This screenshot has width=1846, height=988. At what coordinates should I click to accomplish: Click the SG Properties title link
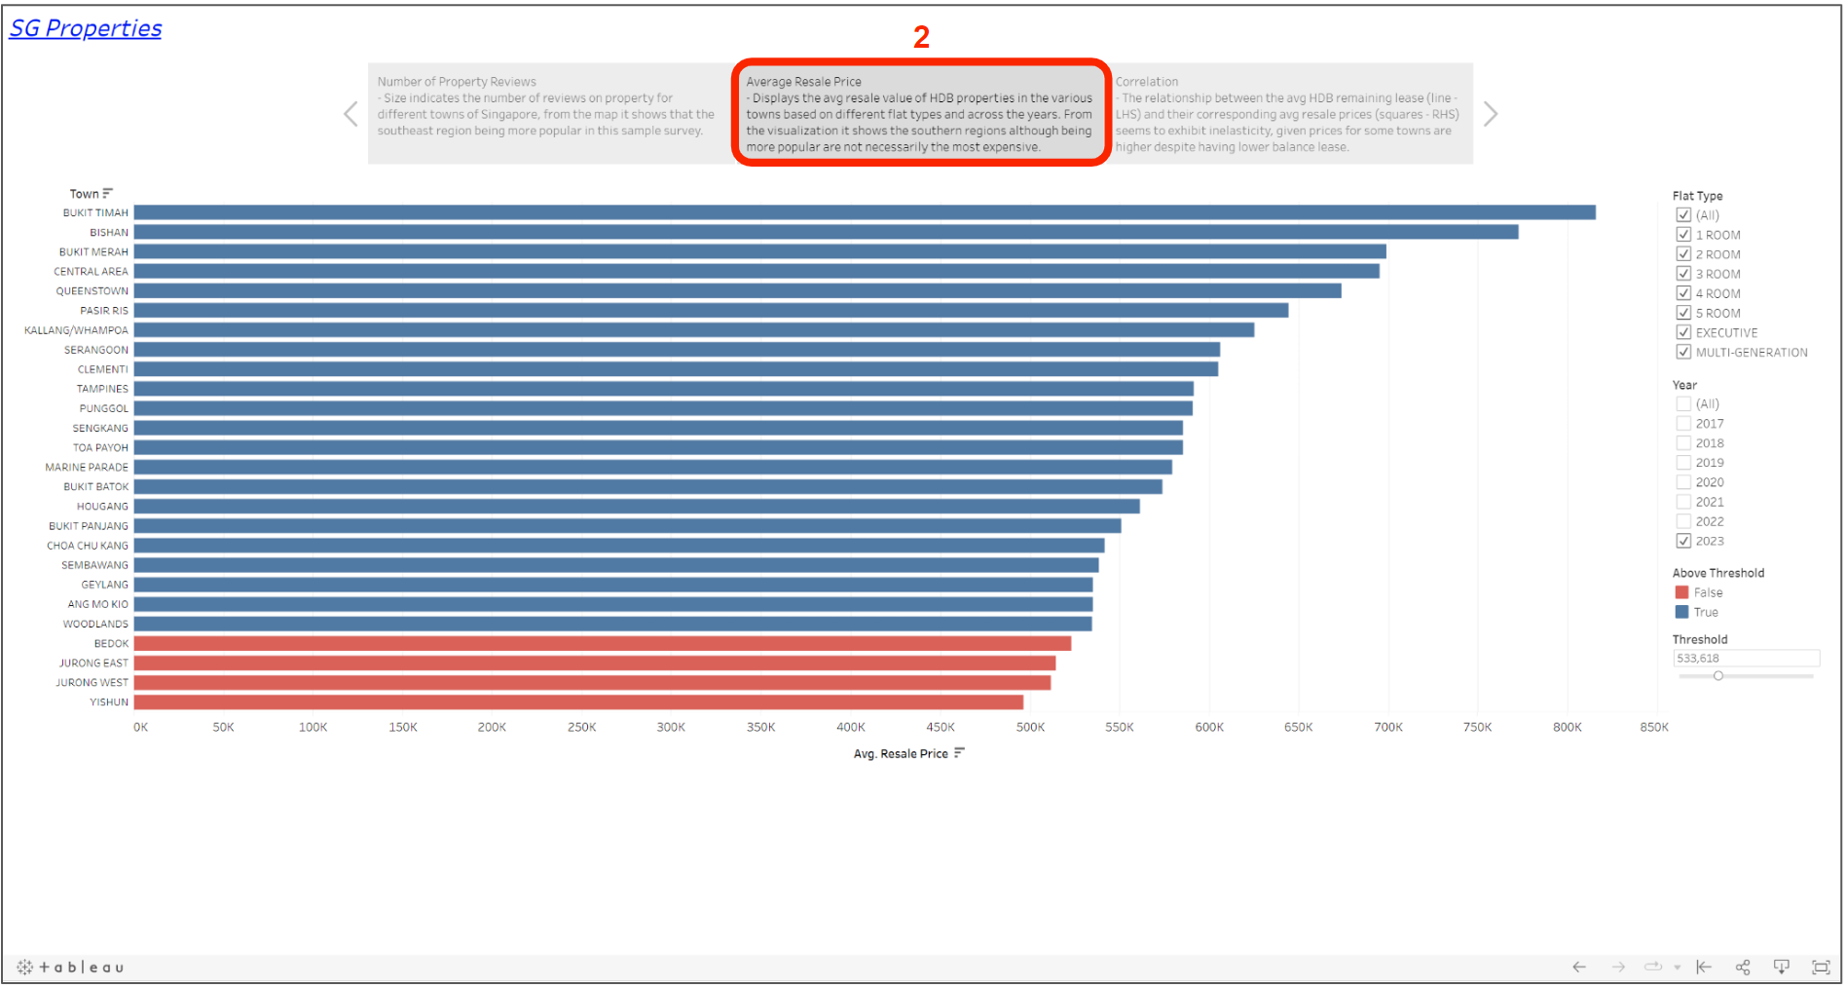pos(86,28)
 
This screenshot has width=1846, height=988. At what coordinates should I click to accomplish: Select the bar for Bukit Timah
pos(865,212)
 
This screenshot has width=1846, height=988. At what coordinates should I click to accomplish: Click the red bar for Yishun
pos(578,703)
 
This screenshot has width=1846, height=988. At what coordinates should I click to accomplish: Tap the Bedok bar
pos(602,644)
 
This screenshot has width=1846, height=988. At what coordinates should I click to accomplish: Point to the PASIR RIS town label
pos(103,311)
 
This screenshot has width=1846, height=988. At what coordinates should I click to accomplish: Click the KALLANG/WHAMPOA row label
pos(76,330)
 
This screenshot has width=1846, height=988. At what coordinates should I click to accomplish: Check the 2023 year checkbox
pos(1683,541)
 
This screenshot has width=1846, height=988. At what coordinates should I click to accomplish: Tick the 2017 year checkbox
pos(1683,424)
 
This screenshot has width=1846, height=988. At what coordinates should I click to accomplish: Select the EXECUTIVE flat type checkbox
pos(1683,332)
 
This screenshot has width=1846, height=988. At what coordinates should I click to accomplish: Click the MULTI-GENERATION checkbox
pos(1683,352)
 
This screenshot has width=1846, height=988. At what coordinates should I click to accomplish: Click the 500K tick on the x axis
pos(1030,728)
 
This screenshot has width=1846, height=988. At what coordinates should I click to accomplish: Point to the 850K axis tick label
pos(1654,728)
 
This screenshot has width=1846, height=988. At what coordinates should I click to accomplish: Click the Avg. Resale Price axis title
pos(901,754)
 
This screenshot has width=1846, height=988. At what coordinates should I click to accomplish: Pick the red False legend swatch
pos(1681,592)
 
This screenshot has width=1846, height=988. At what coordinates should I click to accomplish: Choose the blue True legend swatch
pos(1681,612)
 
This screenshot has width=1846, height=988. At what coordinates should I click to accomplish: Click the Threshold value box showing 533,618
pos(1746,659)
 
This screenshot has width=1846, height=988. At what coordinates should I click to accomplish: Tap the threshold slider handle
pos(1718,676)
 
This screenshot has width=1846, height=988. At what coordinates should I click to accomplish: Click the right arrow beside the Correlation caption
pos(1491,114)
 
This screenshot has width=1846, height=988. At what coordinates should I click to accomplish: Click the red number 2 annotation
pos(921,37)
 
